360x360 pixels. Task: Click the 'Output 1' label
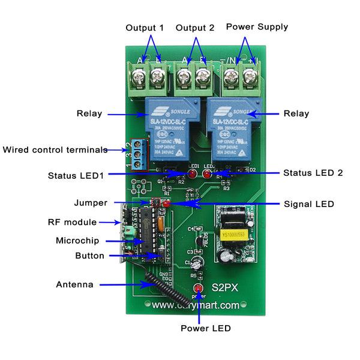[x=145, y=28]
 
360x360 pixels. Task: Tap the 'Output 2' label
[x=195, y=28]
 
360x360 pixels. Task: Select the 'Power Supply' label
[x=257, y=27]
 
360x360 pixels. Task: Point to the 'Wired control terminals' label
[x=55, y=150]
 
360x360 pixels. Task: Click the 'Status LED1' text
[x=76, y=176]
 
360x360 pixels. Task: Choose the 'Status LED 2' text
[x=313, y=173]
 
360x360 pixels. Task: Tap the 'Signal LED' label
[x=309, y=205]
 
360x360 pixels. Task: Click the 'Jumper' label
[x=91, y=203]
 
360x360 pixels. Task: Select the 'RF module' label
[x=72, y=222]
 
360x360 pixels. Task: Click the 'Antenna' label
[x=74, y=284]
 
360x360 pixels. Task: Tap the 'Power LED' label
[x=205, y=328]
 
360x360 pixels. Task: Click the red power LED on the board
[x=197, y=290]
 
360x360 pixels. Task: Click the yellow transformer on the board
[x=231, y=233]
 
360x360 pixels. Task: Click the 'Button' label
[x=89, y=256]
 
